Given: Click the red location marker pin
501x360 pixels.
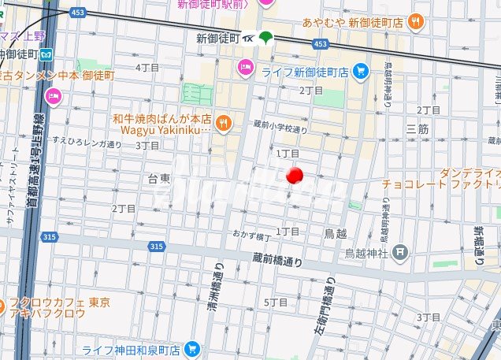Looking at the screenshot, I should [x=295, y=175].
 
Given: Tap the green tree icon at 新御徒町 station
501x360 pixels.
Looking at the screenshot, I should [x=265, y=37].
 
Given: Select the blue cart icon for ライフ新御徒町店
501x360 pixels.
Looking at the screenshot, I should [x=361, y=72].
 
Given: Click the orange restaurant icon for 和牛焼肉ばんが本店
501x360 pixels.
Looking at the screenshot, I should [x=224, y=121].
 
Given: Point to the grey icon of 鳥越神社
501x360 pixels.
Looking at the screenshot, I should [x=400, y=252].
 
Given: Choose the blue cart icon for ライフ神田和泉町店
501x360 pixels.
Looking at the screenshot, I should [x=191, y=348].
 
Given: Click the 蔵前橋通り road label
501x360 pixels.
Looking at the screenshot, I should [x=280, y=257].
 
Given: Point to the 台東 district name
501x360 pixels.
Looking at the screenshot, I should [x=159, y=179].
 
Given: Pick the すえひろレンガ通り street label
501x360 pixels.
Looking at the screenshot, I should [x=87, y=143].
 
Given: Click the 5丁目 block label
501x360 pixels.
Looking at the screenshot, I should [x=276, y=302].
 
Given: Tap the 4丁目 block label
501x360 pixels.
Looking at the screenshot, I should [x=147, y=68].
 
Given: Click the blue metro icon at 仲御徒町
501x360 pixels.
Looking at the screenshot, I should [x=46, y=54].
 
